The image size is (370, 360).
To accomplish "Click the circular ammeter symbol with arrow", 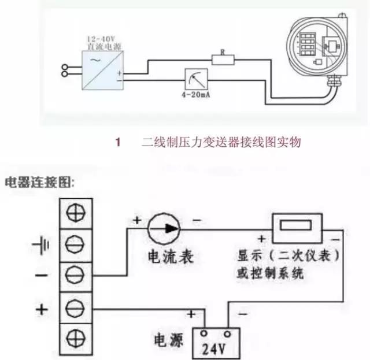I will (163, 228).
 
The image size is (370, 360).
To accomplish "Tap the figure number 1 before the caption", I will (118, 142).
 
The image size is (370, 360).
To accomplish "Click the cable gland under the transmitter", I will (334, 83).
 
